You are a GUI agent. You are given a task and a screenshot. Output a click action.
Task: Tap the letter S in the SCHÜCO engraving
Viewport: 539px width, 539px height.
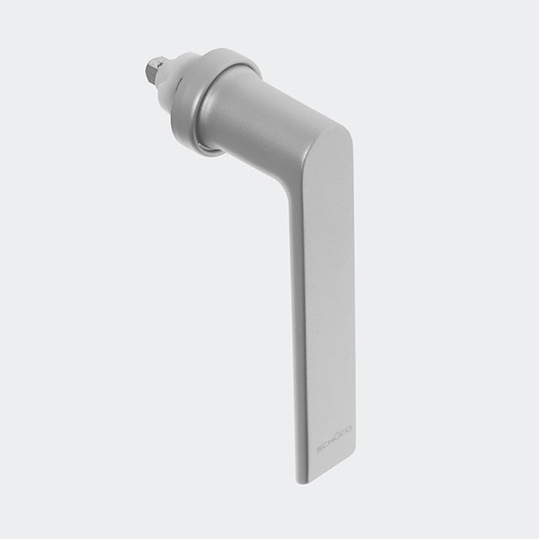tap(319, 449)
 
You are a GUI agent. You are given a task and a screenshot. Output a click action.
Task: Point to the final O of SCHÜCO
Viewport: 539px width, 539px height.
tap(349, 429)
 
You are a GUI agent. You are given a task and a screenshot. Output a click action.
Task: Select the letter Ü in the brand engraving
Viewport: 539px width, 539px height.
tap(337, 437)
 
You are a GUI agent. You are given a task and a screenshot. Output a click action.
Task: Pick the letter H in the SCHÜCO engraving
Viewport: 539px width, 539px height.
tap(331, 441)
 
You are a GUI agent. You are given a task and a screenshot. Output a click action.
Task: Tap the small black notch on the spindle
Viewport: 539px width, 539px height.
tap(160, 64)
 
